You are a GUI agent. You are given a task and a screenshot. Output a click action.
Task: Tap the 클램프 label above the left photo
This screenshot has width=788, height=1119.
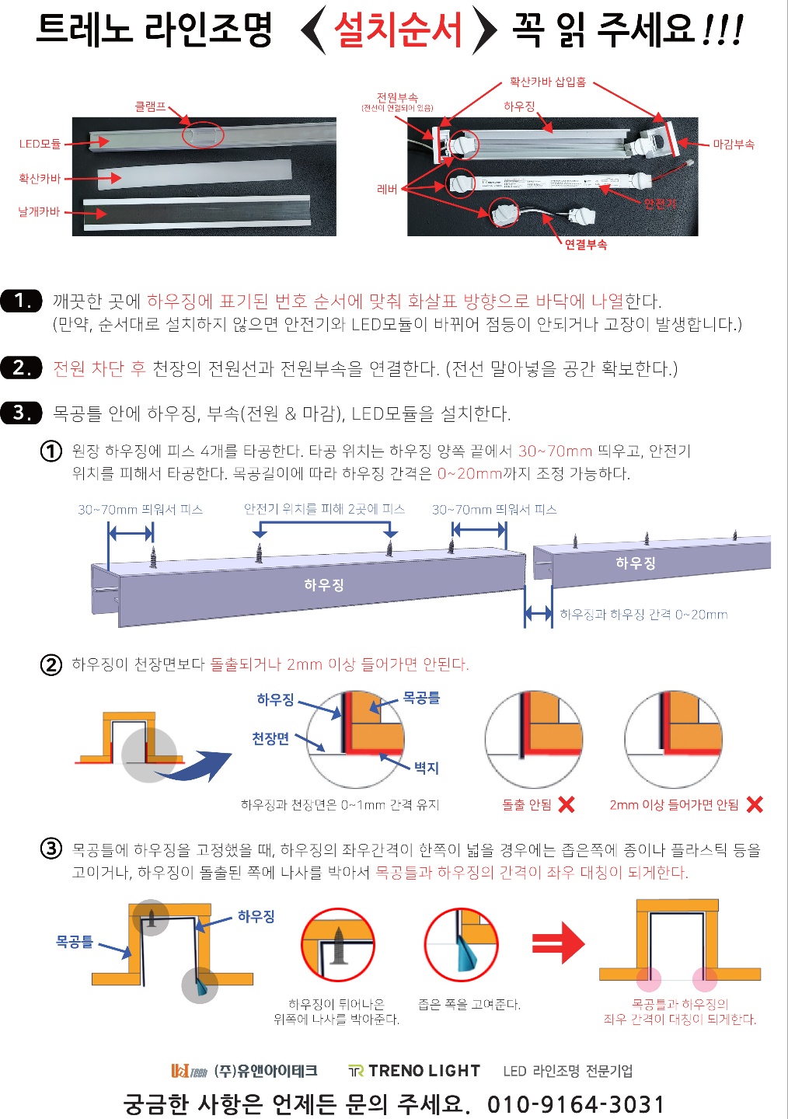pyautogui.click(x=150, y=106)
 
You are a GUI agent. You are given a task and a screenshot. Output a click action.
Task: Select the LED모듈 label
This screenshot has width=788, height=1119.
pyautogui.click(x=40, y=144)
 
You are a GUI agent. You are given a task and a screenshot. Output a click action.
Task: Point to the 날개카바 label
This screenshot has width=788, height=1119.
pyautogui.click(x=39, y=211)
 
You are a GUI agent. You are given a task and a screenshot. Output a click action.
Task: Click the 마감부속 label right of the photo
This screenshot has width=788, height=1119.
pyautogui.click(x=733, y=144)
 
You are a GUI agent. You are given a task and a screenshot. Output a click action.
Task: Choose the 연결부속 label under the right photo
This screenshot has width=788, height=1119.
pyautogui.click(x=585, y=244)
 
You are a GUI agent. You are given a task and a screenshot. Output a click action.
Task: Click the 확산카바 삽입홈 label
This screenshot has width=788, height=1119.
pyautogui.click(x=547, y=82)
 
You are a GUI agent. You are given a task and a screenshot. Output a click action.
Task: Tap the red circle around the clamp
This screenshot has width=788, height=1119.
pyautogui.click(x=203, y=134)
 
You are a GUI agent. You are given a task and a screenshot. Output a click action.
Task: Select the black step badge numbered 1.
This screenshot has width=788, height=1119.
pyautogui.click(x=21, y=301)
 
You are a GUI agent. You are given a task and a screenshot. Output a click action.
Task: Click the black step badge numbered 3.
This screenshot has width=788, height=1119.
pyautogui.click(x=21, y=413)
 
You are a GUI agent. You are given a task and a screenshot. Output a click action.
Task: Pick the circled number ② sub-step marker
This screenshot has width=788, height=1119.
pyautogui.click(x=51, y=664)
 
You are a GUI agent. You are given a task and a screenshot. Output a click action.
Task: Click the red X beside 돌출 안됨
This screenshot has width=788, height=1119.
pyautogui.click(x=567, y=804)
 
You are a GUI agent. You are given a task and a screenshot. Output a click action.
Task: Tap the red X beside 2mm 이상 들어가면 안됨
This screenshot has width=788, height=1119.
pyautogui.click(x=754, y=804)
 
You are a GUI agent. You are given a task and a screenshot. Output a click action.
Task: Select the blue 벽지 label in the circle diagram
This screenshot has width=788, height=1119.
pyautogui.click(x=426, y=768)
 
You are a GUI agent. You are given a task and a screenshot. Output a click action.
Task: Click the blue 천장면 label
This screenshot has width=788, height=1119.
pyautogui.click(x=270, y=738)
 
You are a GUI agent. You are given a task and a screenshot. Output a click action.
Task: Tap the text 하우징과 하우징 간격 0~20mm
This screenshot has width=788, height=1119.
pyautogui.click(x=643, y=615)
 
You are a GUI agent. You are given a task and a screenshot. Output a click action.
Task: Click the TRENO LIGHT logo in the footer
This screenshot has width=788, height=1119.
pyautogui.click(x=414, y=1071)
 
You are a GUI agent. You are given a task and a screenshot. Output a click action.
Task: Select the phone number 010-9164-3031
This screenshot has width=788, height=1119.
pyautogui.click(x=576, y=1104)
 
